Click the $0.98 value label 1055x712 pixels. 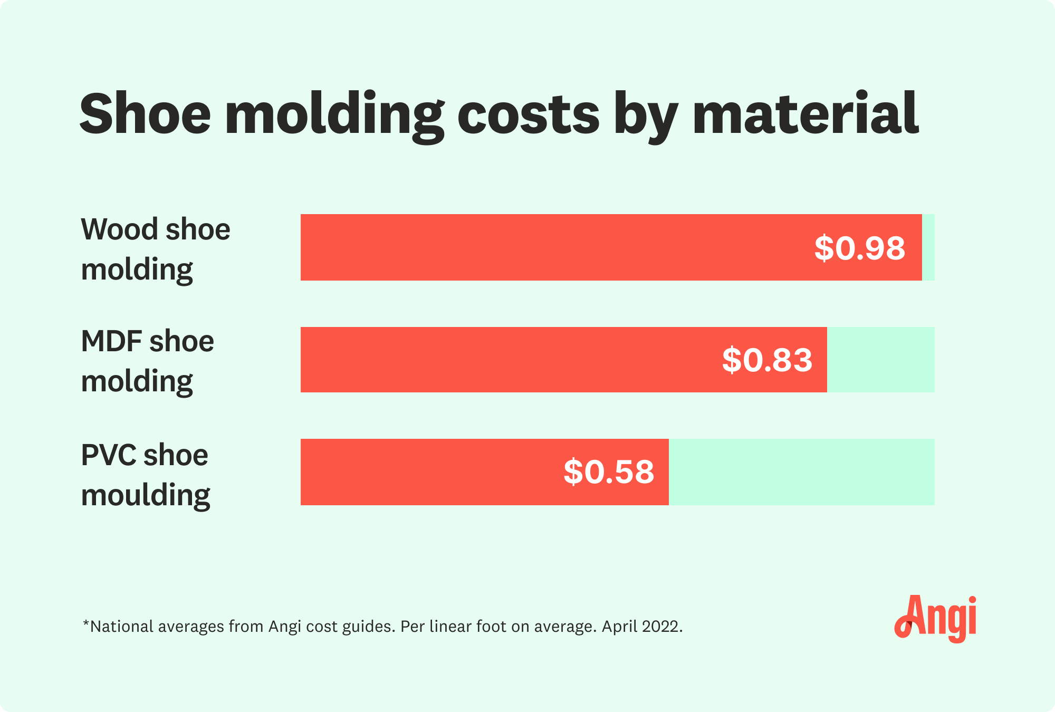[x=859, y=248]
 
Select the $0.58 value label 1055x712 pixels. [x=609, y=472]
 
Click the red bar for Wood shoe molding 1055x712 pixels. [x=554, y=247]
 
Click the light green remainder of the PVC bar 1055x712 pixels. [x=802, y=472]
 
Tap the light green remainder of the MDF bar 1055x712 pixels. [x=881, y=360]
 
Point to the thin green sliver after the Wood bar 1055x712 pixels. [x=928, y=247]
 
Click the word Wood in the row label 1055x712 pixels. [x=119, y=229]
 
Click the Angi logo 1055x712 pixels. [x=935, y=618]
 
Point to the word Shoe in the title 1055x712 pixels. [x=145, y=114]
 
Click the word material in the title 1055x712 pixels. [x=805, y=114]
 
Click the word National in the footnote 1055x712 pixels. [x=121, y=627]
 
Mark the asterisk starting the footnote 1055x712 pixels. [x=86, y=624]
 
